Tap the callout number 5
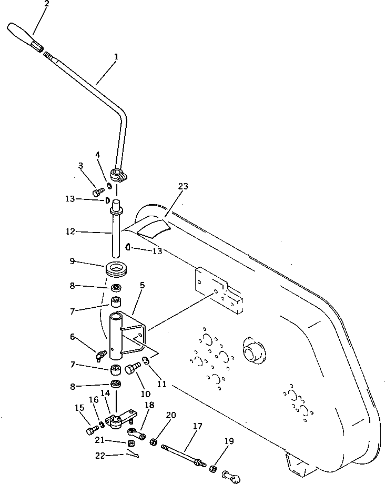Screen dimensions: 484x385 pos(142,286)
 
